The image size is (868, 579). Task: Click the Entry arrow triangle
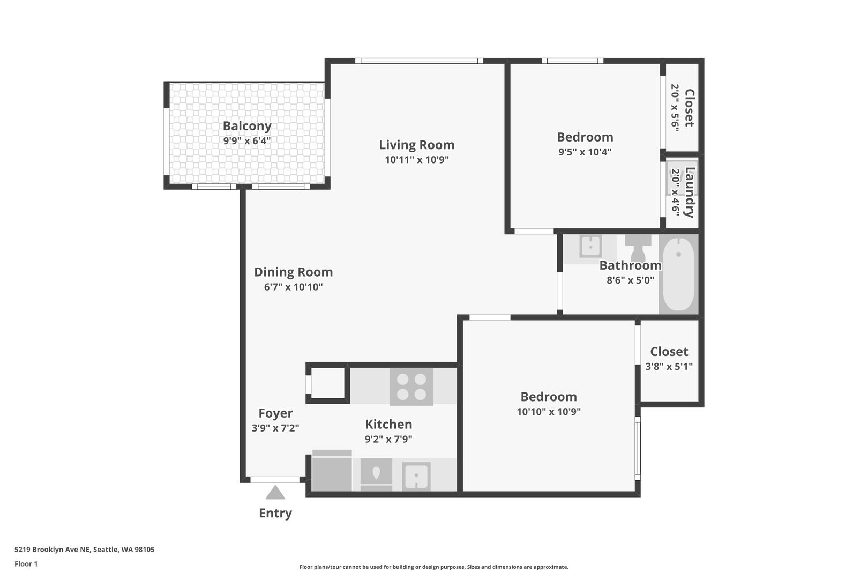click(275, 493)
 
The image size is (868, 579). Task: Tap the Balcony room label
click(247, 126)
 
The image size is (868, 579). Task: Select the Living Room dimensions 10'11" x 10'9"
click(416, 160)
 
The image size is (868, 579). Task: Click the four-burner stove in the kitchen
click(411, 387)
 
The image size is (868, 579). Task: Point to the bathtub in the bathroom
click(678, 274)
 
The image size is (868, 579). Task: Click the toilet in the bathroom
click(638, 248)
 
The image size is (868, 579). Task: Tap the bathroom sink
click(590, 246)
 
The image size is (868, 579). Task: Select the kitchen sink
click(416, 476)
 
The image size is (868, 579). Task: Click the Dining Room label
click(293, 272)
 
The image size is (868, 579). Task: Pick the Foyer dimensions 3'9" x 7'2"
click(275, 428)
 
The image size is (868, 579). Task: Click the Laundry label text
click(690, 192)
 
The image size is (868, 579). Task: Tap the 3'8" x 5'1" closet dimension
click(669, 367)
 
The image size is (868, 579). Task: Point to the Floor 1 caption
click(26, 564)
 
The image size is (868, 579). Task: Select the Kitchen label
click(388, 424)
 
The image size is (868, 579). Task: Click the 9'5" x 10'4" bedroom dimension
click(585, 152)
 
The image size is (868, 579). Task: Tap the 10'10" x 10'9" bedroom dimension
click(549, 412)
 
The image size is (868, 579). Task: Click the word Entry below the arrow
click(275, 513)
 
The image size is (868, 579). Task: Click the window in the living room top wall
click(420, 61)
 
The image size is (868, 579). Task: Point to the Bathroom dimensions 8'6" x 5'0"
click(631, 280)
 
